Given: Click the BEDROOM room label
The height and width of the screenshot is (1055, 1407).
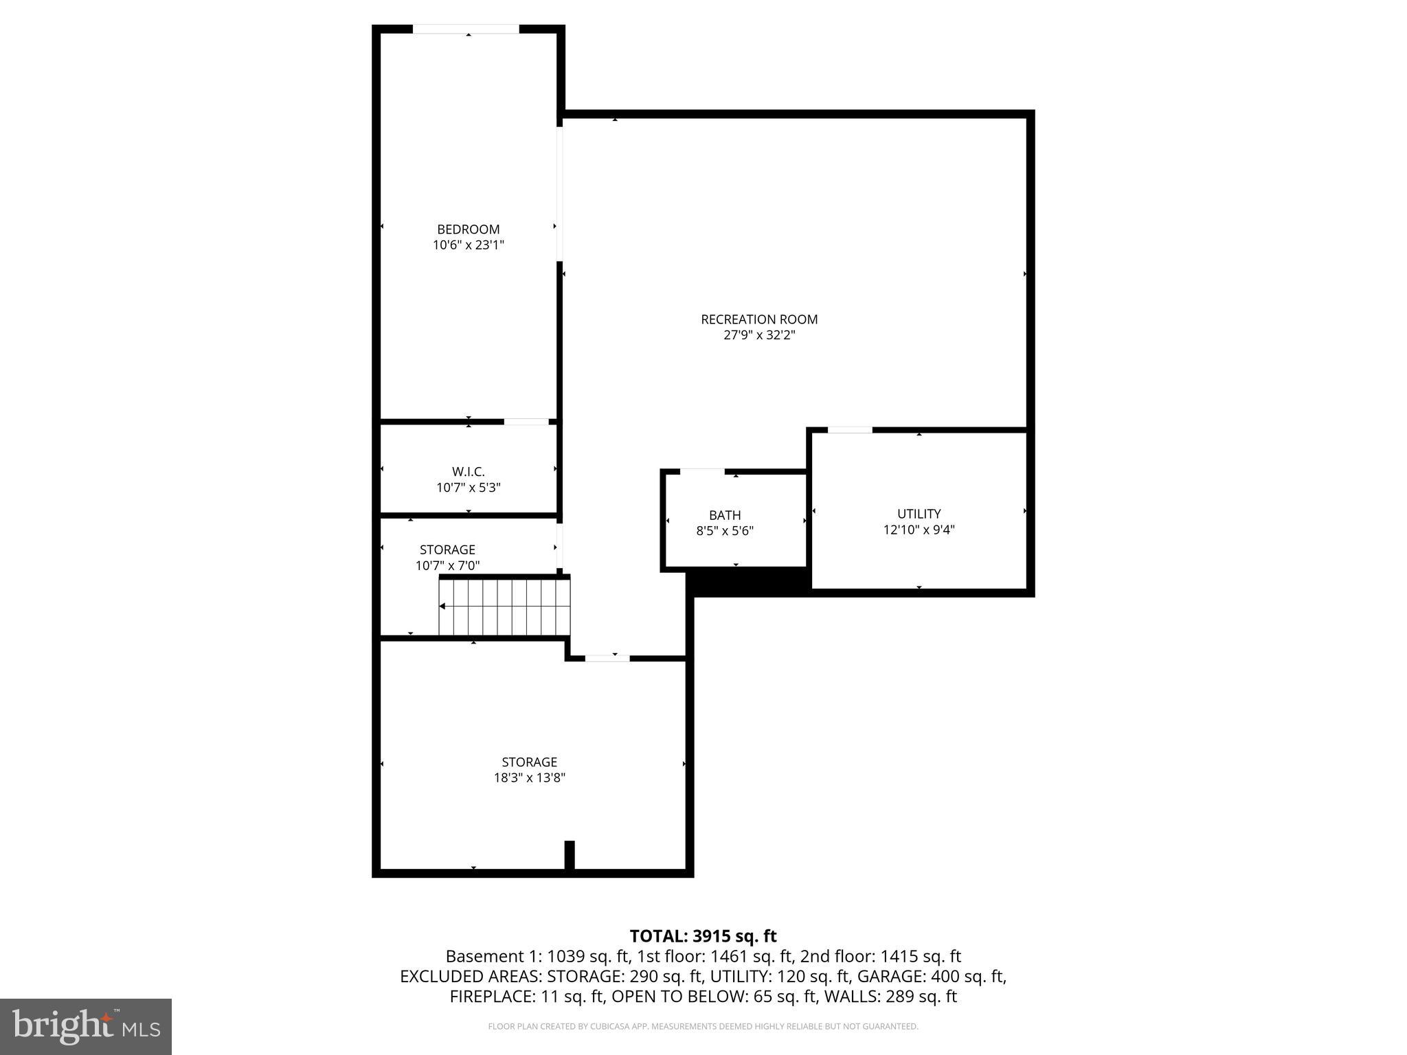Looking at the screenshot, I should tap(468, 229).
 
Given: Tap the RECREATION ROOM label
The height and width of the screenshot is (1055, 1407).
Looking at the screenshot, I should tap(759, 319).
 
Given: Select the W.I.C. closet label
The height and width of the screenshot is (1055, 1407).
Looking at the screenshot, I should tap(468, 472).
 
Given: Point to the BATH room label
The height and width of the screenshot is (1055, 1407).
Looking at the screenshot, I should tap(725, 515).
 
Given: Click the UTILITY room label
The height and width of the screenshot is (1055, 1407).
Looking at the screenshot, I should tap(919, 514).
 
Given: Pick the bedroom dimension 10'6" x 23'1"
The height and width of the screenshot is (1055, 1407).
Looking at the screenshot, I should tap(468, 245).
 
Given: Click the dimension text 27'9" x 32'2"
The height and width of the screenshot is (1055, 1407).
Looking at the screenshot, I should tap(759, 336).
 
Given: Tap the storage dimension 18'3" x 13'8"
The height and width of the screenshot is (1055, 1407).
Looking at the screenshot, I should tap(529, 778).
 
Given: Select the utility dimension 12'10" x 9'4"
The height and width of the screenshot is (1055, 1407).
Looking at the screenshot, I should tap(919, 530).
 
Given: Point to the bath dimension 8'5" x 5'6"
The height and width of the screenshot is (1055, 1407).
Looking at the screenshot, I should tap(725, 531).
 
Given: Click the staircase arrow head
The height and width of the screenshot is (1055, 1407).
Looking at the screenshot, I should tap(442, 606).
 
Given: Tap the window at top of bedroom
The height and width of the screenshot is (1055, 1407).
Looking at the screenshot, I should tap(466, 30).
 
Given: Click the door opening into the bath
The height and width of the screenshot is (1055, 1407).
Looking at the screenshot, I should tap(701, 471).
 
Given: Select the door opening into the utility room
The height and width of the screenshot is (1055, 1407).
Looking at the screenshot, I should tap(850, 430).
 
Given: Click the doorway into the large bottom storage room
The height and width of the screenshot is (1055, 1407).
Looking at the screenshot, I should tap(607, 658).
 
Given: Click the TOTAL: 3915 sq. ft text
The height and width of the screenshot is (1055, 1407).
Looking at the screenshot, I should tap(703, 935).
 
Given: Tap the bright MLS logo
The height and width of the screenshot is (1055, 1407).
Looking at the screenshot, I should tap(86, 1026).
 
